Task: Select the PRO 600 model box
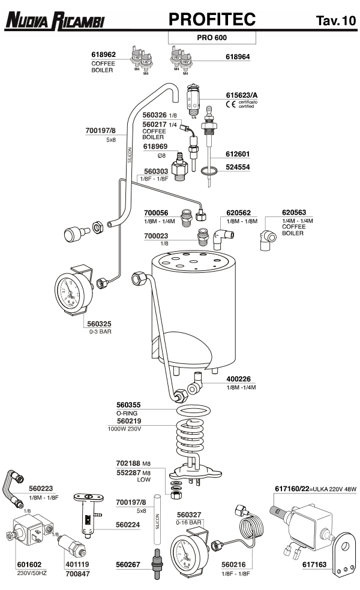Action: pos(212,37)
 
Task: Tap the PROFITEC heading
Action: pos(212,20)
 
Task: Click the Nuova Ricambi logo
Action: pos(54,22)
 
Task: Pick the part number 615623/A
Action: pos(242,95)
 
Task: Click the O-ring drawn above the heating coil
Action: pos(194,413)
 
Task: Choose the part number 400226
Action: pos(238,379)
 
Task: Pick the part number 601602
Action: pos(29,564)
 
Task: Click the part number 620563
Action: pos(294,212)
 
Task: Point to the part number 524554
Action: pos(238,167)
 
